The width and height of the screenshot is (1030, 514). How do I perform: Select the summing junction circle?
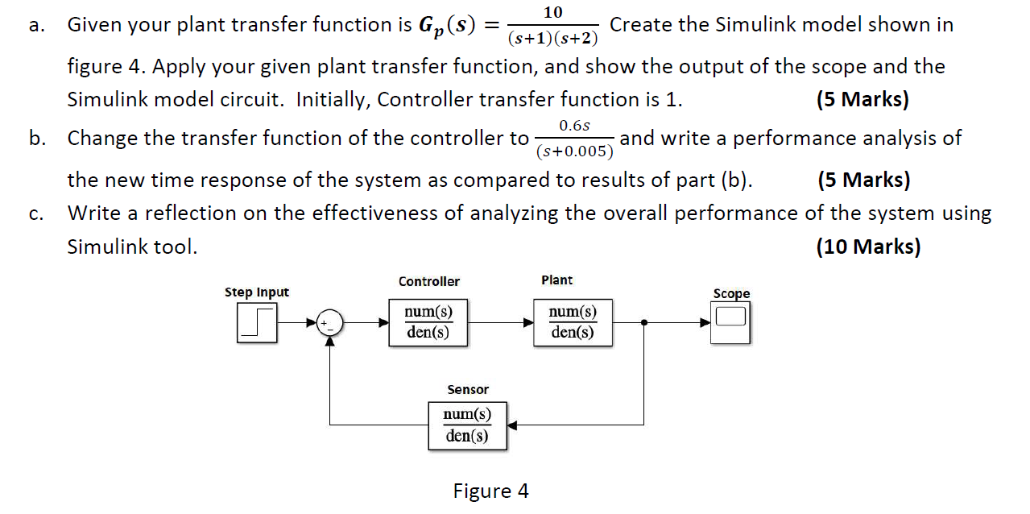(x=329, y=323)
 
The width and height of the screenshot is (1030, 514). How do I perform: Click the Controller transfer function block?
(x=428, y=322)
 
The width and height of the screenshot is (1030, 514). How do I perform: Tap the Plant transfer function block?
(x=573, y=322)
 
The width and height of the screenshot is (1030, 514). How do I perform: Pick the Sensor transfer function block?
(x=467, y=425)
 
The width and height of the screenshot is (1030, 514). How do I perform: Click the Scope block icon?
(x=730, y=321)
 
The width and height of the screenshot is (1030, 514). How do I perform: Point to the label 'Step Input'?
(x=256, y=292)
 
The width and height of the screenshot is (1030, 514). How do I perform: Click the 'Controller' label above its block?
(x=428, y=281)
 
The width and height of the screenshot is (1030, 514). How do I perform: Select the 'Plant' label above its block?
(x=556, y=280)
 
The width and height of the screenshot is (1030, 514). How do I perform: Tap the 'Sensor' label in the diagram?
(x=468, y=390)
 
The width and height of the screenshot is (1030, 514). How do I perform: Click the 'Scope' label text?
(x=730, y=294)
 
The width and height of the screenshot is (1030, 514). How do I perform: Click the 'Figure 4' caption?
(x=490, y=491)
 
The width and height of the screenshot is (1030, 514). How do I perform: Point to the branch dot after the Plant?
(x=643, y=323)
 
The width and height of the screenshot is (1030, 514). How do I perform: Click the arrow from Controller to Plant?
(x=500, y=323)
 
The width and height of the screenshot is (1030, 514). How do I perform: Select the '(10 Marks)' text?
(x=867, y=247)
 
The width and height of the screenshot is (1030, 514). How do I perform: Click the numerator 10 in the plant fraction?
(x=553, y=12)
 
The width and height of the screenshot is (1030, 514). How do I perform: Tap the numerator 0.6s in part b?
(x=574, y=126)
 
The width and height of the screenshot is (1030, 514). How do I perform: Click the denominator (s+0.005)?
(x=574, y=151)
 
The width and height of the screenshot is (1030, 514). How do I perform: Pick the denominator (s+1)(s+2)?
(x=553, y=38)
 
